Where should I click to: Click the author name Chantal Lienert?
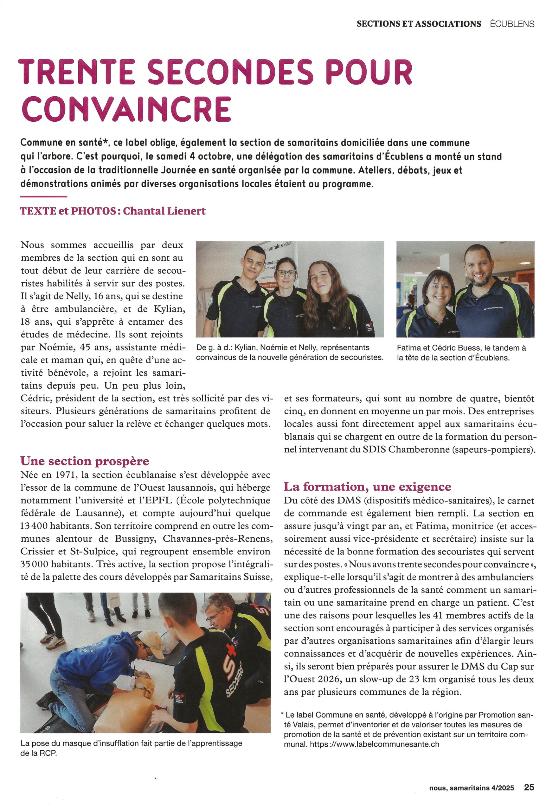coord(164,211)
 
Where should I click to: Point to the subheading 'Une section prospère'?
coord(85,461)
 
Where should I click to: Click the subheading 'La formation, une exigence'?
coord(367,486)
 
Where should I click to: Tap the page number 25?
coord(529,787)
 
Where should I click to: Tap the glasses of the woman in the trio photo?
coord(286,272)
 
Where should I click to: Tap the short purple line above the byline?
coord(43,197)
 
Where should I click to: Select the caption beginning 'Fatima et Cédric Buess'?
coord(461,352)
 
